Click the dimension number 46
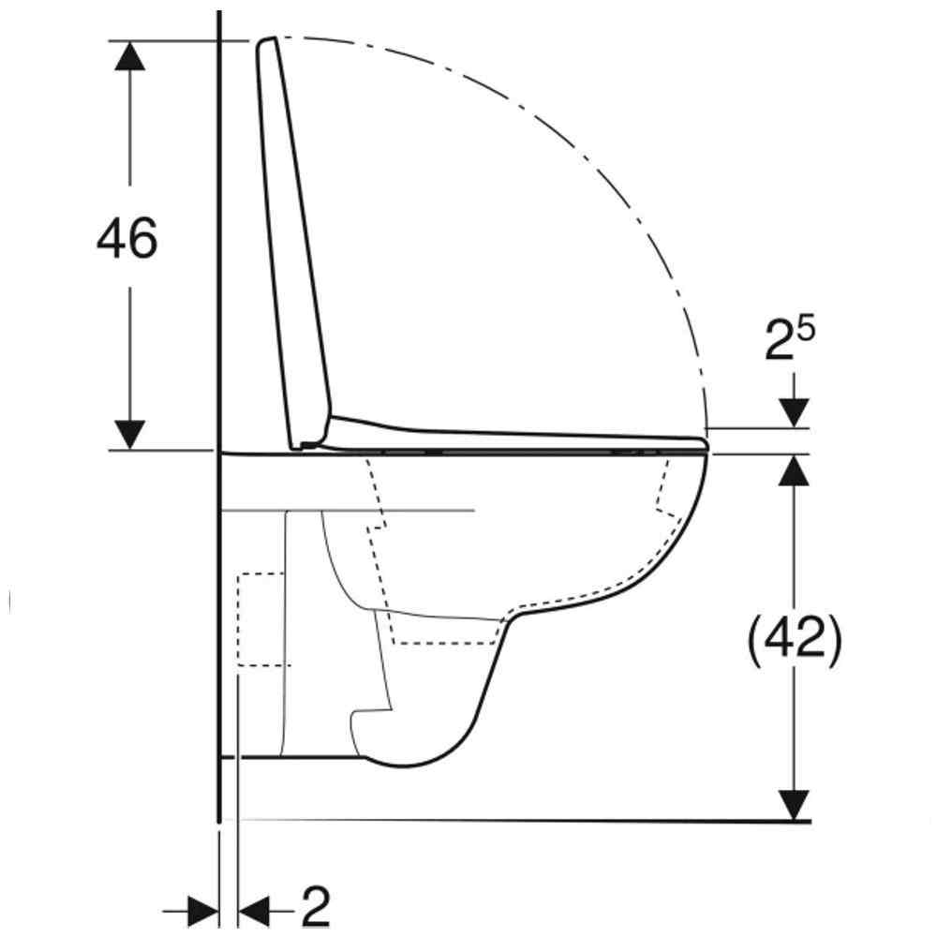click(127, 238)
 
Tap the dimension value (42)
click(795, 639)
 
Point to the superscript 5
click(806, 330)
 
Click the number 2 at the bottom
click(316, 906)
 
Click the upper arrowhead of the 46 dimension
click(129, 56)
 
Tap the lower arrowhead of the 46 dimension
click(129, 435)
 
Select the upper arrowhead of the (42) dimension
click(794, 470)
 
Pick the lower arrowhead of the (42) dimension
click(794, 805)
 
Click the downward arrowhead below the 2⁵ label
click(794, 413)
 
